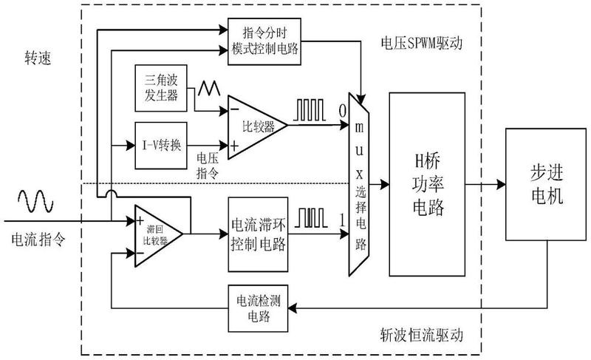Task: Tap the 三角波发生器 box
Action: click(160, 86)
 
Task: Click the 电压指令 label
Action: click(208, 164)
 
